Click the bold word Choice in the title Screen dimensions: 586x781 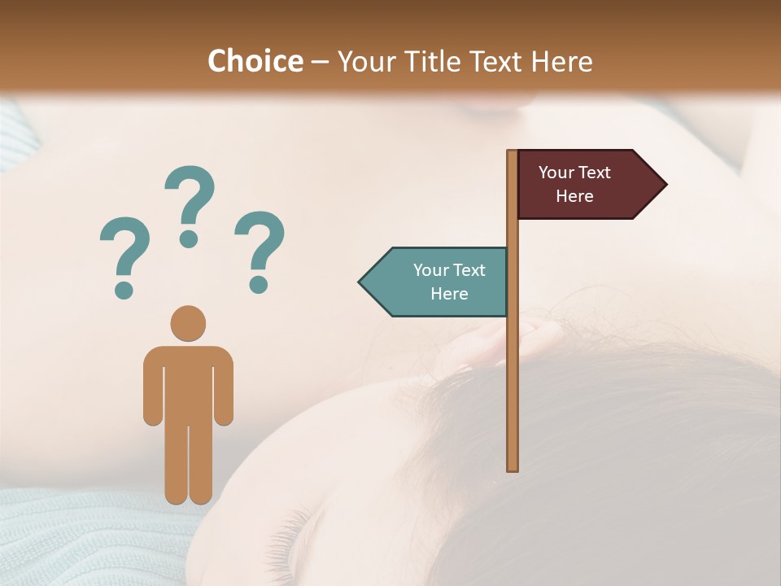tap(255, 62)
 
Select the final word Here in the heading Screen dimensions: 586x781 tap(561, 62)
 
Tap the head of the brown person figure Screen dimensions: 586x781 tap(188, 322)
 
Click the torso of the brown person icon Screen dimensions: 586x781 tap(188, 383)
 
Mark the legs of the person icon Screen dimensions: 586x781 tap(188, 464)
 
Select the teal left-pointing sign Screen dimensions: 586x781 tap(439, 282)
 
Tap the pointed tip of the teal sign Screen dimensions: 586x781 tap(361, 282)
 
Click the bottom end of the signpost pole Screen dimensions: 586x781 tap(513, 467)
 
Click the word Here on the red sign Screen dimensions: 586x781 tap(574, 196)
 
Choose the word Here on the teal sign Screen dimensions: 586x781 tap(449, 294)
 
